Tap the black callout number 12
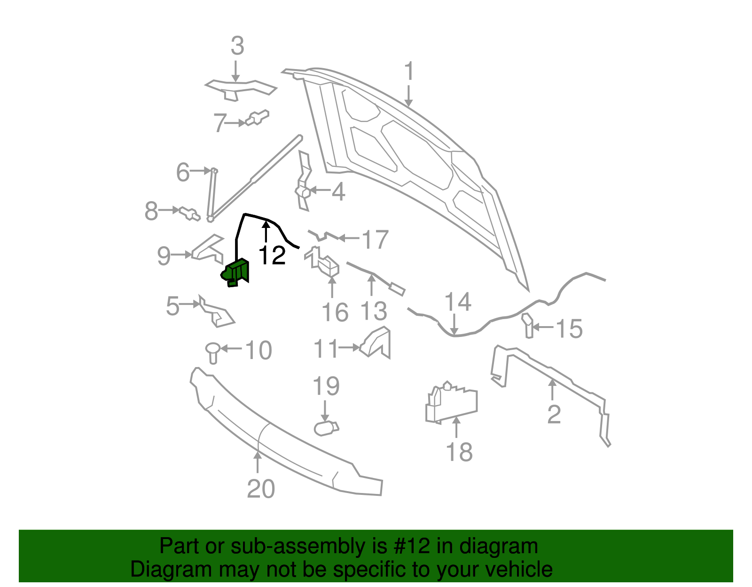tap(272, 255)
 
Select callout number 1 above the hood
tap(409, 71)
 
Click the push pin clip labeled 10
tap(213, 352)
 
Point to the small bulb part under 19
tap(326, 428)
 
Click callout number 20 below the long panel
tap(261, 489)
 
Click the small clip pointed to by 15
tap(528, 325)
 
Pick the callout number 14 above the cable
tap(457, 302)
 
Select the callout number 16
tap(335, 313)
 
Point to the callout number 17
tap(375, 240)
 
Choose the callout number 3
tap(237, 46)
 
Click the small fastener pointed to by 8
tap(189, 213)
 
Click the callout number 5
tap(172, 306)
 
